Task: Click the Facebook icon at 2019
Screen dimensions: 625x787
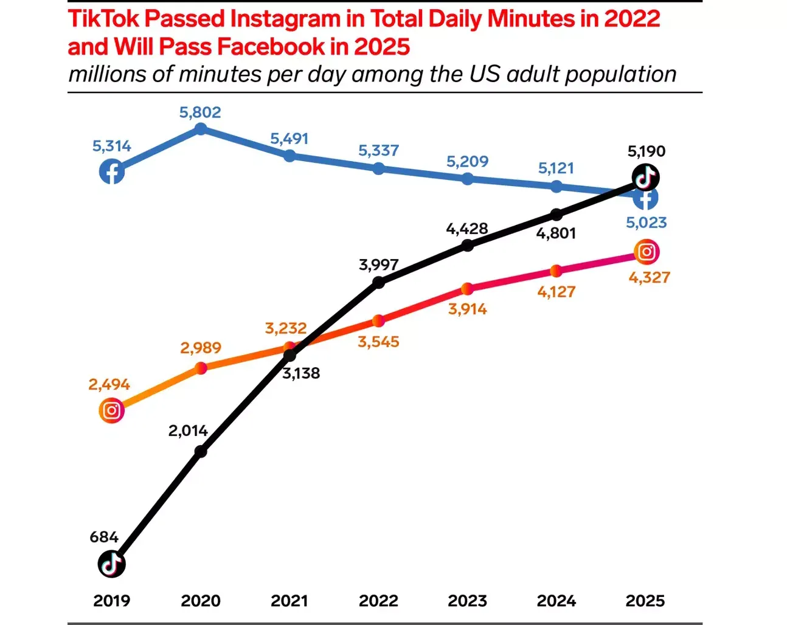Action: pyautogui.click(x=112, y=172)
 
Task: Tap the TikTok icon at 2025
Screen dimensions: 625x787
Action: pyautogui.click(x=645, y=178)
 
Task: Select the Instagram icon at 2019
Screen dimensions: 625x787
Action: pyautogui.click(x=112, y=410)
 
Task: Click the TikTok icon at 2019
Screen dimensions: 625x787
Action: pyautogui.click(x=112, y=564)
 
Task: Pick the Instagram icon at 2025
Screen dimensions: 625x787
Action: pyautogui.click(x=647, y=252)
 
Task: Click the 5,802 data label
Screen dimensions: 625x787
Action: pyautogui.click(x=200, y=112)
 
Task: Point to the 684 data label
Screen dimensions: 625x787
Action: pyautogui.click(x=104, y=537)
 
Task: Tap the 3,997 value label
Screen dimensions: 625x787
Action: pyautogui.click(x=378, y=265)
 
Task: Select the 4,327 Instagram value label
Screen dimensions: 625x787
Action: pyautogui.click(x=649, y=278)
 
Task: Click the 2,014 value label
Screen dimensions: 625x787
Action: pyautogui.click(x=188, y=431)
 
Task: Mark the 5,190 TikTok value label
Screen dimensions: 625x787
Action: pyautogui.click(x=647, y=151)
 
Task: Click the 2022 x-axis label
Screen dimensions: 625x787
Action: pyautogui.click(x=378, y=601)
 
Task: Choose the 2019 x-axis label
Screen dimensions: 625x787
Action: pyautogui.click(x=112, y=601)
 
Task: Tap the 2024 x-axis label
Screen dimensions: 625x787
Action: pyautogui.click(x=556, y=601)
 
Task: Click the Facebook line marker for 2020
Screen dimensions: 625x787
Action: pyautogui.click(x=201, y=129)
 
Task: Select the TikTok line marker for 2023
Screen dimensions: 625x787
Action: pyautogui.click(x=467, y=245)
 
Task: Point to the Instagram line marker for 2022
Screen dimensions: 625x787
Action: pyautogui.click(x=378, y=320)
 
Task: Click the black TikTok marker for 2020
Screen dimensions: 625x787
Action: pyautogui.click(x=201, y=452)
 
